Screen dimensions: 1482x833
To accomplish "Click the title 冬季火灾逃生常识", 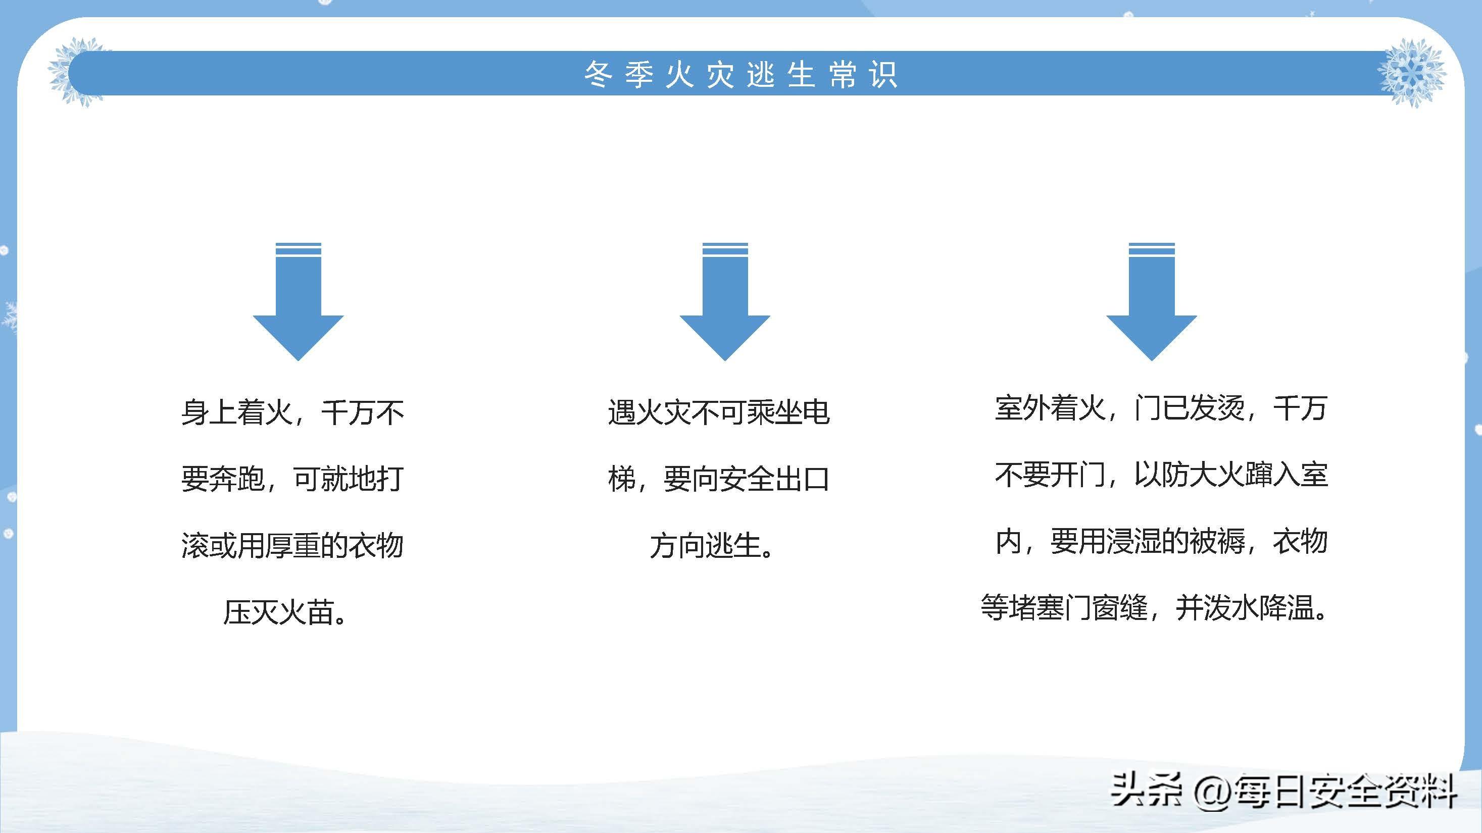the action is (x=740, y=75).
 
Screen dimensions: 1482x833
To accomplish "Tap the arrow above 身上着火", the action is (x=298, y=301).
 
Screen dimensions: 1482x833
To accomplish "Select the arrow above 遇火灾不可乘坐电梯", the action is (x=725, y=301).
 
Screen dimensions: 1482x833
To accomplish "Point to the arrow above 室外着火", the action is (x=1151, y=301).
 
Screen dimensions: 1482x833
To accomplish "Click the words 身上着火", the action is (x=237, y=412).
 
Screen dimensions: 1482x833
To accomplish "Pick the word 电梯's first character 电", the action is (x=816, y=412).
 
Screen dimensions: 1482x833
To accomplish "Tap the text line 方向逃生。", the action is (x=712, y=546).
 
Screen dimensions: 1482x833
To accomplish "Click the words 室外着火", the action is (x=1051, y=408).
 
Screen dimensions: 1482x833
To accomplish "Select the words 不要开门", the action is (x=1051, y=475).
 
